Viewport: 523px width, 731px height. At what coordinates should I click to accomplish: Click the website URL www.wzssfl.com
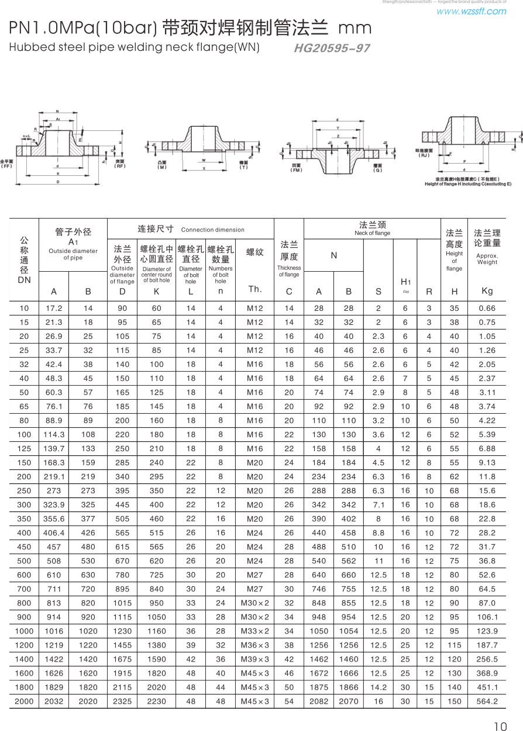(x=471, y=11)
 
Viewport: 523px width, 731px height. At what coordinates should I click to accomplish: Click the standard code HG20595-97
(x=332, y=48)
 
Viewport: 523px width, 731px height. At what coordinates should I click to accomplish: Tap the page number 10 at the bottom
(x=500, y=726)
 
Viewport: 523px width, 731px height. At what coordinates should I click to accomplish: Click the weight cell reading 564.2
(x=487, y=701)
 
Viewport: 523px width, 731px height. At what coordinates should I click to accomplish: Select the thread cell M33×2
(x=255, y=631)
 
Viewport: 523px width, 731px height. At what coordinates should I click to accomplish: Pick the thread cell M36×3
(x=255, y=645)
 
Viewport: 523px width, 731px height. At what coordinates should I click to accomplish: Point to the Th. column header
(x=255, y=289)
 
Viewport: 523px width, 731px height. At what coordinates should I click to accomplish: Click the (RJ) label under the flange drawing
(x=424, y=155)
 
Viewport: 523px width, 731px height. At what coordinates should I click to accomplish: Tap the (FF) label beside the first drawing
(x=6, y=166)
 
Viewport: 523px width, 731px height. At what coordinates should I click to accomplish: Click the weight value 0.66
(x=487, y=308)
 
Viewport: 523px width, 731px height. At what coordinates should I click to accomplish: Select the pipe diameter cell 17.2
(x=54, y=308)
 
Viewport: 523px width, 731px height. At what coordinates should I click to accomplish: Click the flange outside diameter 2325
(x=122, y=701)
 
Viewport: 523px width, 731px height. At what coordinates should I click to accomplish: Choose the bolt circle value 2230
(x=156, y=701)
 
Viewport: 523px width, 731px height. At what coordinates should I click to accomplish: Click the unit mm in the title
(x=355, y=28)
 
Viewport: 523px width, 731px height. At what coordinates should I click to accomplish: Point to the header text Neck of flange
(x=372, y=233)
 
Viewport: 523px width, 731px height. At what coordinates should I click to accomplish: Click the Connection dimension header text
(x=213, y=230)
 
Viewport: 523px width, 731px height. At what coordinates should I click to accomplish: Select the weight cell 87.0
(x=487, y=603)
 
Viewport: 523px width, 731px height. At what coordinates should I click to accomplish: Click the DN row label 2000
(x=24, y=701)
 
